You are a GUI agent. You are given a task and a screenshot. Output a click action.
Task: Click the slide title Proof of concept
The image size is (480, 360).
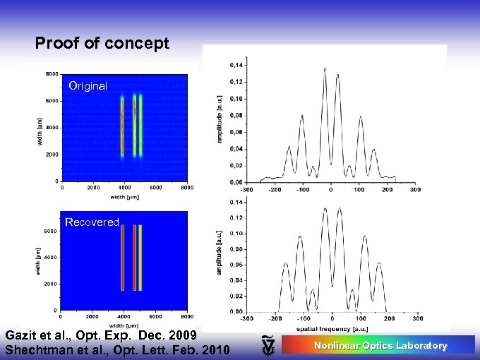[x=102, y=44]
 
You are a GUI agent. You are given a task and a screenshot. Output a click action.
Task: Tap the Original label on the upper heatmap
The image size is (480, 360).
[x=88, y=86]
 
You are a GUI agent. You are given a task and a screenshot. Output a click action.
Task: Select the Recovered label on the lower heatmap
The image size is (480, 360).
[x=92, y=222]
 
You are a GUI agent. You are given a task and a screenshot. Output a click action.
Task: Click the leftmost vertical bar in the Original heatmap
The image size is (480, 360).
[x=123, y=126]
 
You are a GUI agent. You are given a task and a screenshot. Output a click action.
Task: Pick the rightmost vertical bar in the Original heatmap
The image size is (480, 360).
[x=141, y=126]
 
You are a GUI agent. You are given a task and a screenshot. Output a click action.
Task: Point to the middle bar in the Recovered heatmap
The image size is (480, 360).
[x=134, y=258]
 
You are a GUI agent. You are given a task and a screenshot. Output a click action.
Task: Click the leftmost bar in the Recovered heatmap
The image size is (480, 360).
[x=123, y=258]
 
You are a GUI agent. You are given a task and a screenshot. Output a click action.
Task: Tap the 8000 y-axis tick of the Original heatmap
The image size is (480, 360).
[x=52, y=74]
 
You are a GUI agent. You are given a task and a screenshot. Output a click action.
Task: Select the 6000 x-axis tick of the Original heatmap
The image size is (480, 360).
[x=155, y=188]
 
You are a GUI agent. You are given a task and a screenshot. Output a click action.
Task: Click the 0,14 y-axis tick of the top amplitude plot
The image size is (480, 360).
[x=236, y=66]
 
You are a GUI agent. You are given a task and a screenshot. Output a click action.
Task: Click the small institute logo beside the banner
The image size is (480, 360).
[x=268, y=344]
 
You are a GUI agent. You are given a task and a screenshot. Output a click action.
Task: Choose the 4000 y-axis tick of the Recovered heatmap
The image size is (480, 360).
[x=52, y=258]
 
